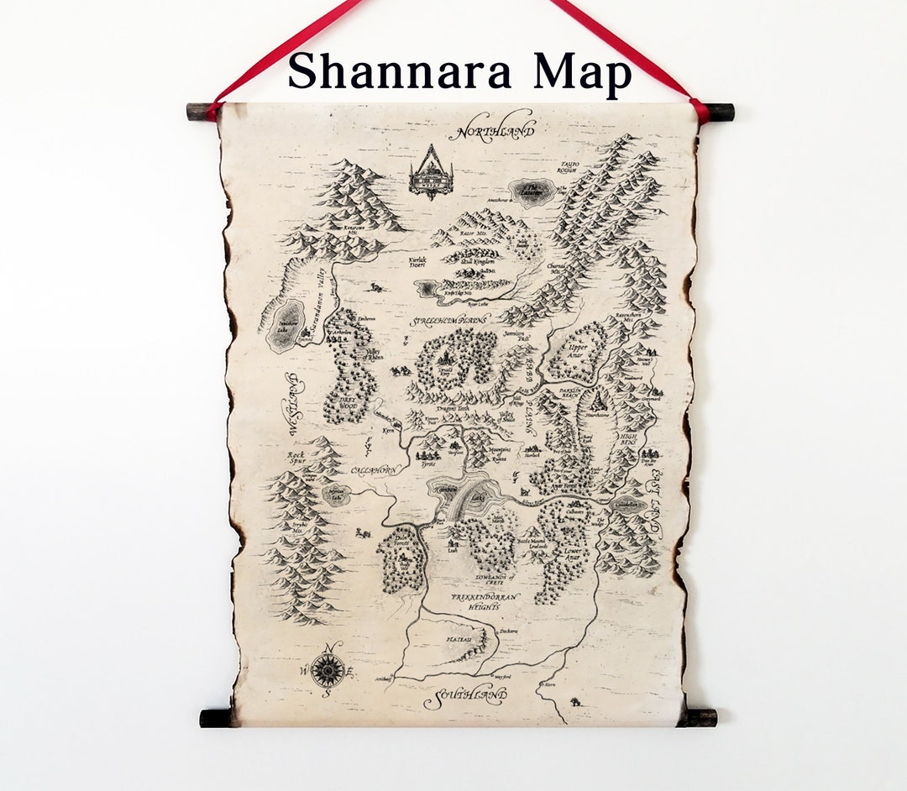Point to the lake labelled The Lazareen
click(x=531, y=192)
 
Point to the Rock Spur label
click(x=300, y=457)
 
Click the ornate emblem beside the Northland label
click(x=431, y=174)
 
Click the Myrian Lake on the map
click(x=337, y=495)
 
